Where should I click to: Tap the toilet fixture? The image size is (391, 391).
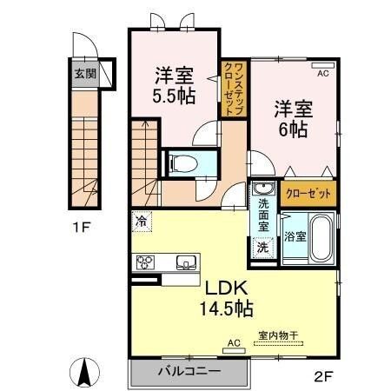(183, 162)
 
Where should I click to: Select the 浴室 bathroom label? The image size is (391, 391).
(293, 235)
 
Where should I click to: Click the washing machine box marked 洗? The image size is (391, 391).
(262, 247)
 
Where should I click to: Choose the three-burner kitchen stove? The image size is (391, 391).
(145, 262)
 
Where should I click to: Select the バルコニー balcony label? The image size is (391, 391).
(189, 372)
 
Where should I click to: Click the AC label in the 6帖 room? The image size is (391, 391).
(322, 75)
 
